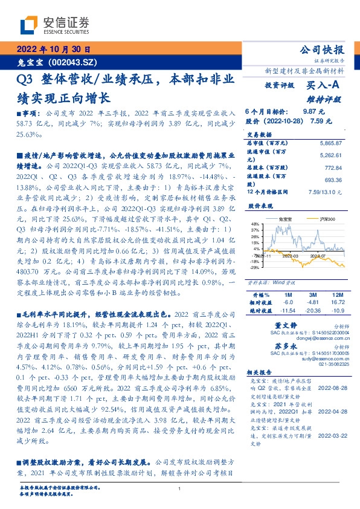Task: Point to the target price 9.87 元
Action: point(308,112)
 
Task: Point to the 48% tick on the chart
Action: point(254,224)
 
